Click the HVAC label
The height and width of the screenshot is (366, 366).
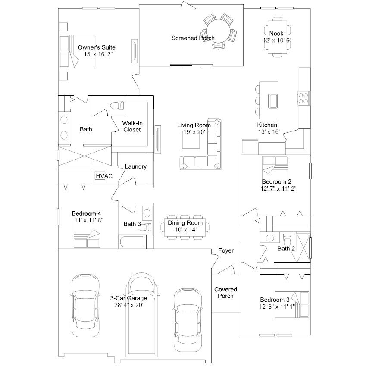(x=104, y=176)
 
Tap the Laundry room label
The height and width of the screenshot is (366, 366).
(x=136, y=166)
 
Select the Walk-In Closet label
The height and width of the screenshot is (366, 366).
(x=132, y=126)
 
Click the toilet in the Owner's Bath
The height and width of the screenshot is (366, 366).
(x=117, y=106)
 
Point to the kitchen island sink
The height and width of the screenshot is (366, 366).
(x=272, y=101)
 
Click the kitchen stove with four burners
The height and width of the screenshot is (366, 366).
(x=303, y=98)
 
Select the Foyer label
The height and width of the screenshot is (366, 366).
(x=226, y=250)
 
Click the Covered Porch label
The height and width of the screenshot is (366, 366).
(x=225, y=293)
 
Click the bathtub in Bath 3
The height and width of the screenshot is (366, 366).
(x=132, y=242)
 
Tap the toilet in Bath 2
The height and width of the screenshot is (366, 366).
(x=287, y=239)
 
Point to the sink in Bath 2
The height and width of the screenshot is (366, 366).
(x=270, y=238)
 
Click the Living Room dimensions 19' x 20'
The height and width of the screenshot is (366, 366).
(x=194, y=132)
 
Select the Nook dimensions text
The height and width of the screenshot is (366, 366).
(x=277, y=41)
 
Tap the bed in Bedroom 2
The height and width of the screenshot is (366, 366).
(x=275, y=169)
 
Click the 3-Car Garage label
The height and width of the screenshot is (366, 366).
(x=128, y=298)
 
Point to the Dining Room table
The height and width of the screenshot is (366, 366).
(x=185, y=227)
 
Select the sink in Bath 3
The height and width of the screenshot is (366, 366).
(x=147, y=213)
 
